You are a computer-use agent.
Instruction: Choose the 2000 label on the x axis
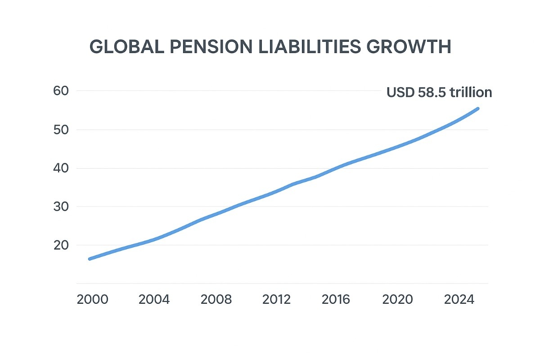(93, 300)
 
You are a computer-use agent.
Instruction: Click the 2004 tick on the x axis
(154, 300)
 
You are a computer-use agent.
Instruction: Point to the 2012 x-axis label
(276, 300)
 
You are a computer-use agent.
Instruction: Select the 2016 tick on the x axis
(337, 300)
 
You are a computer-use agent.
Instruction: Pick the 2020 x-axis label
(398, 300)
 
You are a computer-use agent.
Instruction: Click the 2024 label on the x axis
(459, 300)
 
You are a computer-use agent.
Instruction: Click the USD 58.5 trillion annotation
(439, 93)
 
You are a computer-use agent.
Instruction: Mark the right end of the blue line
(477, 108)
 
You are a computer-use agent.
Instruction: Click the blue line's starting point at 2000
(90, 259)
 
